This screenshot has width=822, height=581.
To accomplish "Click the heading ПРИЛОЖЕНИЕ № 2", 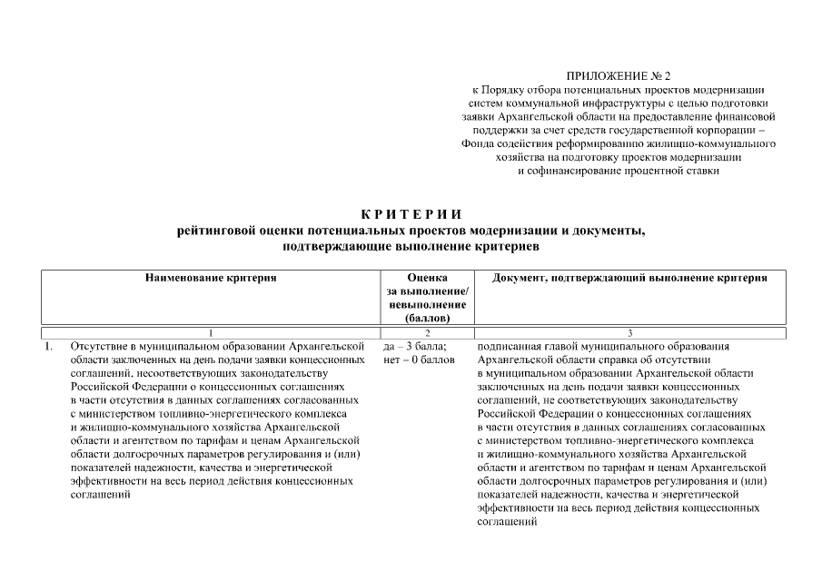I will (623, 75).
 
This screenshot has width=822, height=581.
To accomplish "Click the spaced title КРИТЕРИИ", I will (411, 214).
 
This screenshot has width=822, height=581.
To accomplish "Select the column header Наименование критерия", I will (211, 278).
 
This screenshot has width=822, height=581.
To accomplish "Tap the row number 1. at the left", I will (49, 347).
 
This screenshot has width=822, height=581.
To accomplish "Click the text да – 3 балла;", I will (415, 347).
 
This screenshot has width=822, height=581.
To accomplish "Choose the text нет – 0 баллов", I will (419, 360).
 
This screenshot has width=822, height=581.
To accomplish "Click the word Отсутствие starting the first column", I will (98, 347).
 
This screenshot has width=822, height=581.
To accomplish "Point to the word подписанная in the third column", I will (508, 347).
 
